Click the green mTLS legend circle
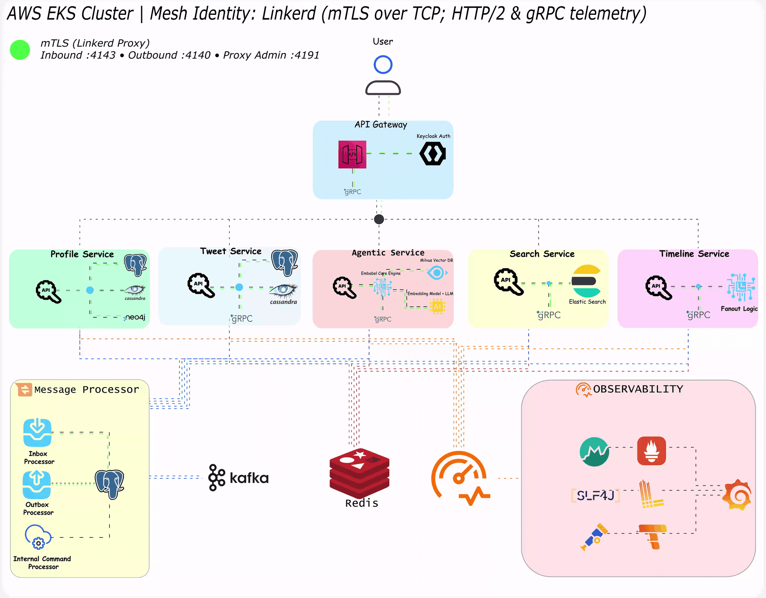point(20,50)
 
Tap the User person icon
point(383,76)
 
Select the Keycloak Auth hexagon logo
point(432,154)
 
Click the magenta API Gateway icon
point(352,154)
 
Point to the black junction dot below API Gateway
point(379,219)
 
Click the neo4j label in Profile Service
point(135,317)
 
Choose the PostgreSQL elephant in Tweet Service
point(284,262)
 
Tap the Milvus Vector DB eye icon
point(436,273)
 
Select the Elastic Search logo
point(586,281)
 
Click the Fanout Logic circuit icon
point(741,287)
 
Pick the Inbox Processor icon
point(37,433)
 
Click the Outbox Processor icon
point(37,484)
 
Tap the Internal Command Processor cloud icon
point(38,537)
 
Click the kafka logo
point(239,478)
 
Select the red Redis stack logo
point(359,473)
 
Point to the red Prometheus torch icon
point(651,451)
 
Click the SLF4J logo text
point(595,496)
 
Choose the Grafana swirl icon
point(738,495)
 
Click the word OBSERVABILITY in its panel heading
point(638,389)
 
